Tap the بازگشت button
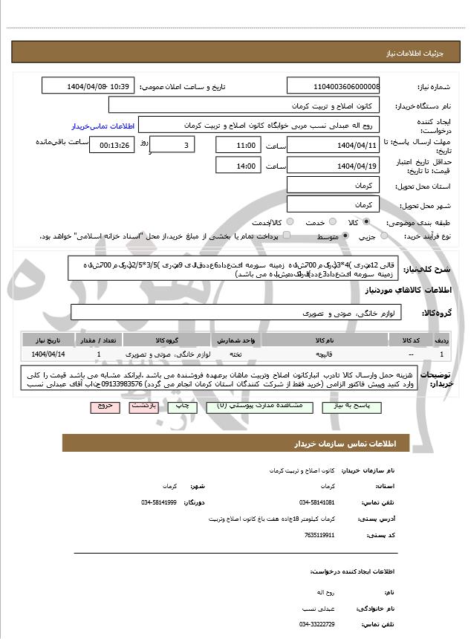(x=143, y=406)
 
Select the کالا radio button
(x=366, y=222)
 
